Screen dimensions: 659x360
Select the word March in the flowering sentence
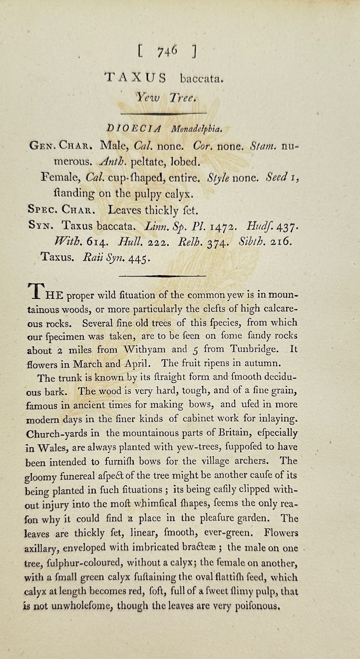coord(88,364)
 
